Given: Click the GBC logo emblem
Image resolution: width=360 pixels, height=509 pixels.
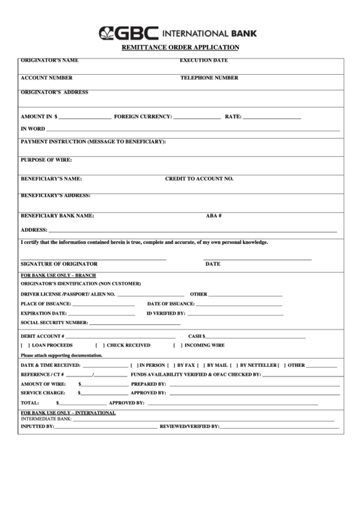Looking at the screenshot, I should [108, 32].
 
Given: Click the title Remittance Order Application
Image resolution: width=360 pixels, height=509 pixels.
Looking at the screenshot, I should [179, 48].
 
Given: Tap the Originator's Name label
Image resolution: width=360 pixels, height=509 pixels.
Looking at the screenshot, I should [50, 60].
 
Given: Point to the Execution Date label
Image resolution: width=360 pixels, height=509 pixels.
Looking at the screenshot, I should [204, 60].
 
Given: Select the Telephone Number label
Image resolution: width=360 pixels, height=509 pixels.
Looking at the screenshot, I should [209, 77].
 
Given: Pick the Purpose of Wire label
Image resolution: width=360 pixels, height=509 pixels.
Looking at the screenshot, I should [46, 160].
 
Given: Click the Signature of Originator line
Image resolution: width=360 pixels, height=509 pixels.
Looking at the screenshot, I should [94, 259].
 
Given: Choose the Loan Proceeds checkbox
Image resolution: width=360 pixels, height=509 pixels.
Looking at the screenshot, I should [26, 345].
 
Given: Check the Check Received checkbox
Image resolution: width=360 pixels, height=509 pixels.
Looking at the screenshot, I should [100, 345].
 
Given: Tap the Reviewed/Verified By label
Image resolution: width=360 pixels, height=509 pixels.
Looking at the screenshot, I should [189, 426].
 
